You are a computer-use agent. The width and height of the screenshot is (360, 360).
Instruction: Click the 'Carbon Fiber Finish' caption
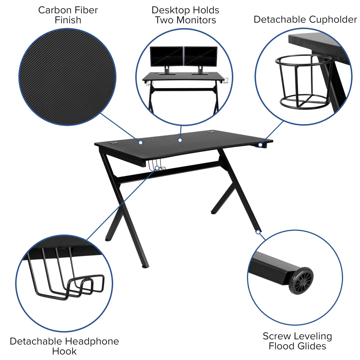[68, 15]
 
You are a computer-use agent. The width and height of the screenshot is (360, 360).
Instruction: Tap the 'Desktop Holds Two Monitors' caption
[185, 15]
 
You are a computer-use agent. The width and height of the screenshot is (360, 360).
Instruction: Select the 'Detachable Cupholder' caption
[305, 19]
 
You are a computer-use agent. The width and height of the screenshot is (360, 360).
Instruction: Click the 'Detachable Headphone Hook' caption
[64, 346]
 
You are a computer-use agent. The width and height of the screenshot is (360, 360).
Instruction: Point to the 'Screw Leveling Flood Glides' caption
[297, 341]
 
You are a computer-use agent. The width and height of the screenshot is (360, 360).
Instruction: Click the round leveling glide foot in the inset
[301, 281]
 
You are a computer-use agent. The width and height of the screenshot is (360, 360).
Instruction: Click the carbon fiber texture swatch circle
[67, 77]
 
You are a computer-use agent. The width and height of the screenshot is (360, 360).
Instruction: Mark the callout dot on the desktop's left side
[140, 142]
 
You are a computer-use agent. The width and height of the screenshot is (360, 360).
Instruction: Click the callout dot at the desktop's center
[180, 140]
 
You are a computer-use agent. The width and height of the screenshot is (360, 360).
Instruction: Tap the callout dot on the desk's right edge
[260, 144]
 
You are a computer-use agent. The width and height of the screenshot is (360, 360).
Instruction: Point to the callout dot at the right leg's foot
[258, 232]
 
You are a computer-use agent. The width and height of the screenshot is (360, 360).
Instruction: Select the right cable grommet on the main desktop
[211, 132]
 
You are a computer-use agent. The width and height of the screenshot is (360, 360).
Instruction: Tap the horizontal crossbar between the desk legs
[169, 172]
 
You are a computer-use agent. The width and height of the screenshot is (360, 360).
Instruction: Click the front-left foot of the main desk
[145, 266]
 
